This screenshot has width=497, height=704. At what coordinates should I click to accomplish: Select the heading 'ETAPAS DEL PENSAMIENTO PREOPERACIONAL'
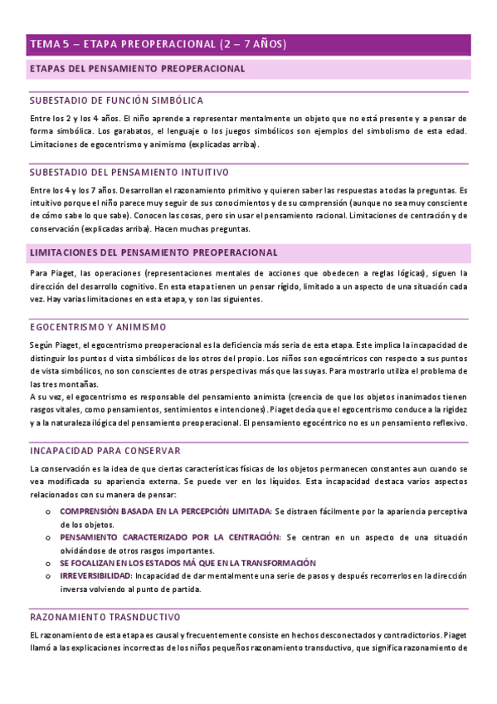pyautogui.click(x=137, y=70)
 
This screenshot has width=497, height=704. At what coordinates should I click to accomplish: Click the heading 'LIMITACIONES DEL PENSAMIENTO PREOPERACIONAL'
pyautogui.click(x=153, y=252)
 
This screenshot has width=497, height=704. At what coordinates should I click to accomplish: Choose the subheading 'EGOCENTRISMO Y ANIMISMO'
pyautogui.click(x=98, y=327)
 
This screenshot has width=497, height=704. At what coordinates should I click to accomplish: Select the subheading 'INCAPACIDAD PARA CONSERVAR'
pyautogui.click(x=105, y=451)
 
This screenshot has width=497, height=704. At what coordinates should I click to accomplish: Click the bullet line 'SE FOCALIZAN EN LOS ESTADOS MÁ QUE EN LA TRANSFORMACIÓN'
pyautogui.click(x=188, y=563)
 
